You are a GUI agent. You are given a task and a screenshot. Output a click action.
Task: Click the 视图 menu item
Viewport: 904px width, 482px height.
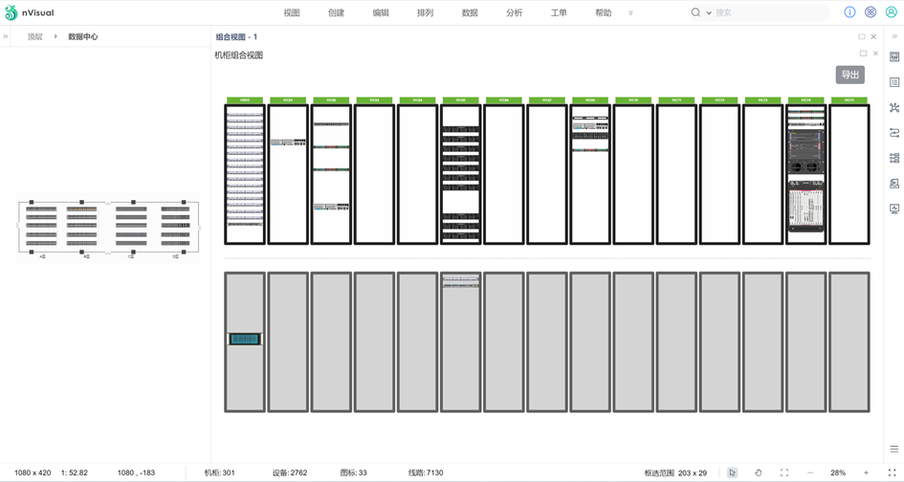pyautogui.click(x=292, y=13)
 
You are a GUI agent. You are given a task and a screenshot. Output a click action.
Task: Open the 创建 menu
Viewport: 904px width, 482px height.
pyautogui.click(x=336, y=13)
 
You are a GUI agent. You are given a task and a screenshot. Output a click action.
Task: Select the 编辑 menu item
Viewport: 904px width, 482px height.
pyautogui.click(x=381, y=13)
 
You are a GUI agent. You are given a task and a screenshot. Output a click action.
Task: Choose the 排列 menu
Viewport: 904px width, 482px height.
pyautogui.click(x=425, y=13)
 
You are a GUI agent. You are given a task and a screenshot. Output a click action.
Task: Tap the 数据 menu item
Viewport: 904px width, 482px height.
pyautogui.click(x=470, y=13)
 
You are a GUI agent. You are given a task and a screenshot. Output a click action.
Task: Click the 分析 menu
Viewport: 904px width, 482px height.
pyautogui.click(x=514, y=13)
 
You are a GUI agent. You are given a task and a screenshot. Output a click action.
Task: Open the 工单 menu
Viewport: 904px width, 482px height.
pyautogui.click(x=559, y=13)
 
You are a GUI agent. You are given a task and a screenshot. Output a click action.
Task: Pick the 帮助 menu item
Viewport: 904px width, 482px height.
pyautogui.click(x=603, y=13)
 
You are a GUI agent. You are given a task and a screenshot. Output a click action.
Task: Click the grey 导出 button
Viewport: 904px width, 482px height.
pyautogui.click(x=849, y=75)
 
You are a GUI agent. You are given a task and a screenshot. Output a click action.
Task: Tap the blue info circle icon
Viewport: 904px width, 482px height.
pyautogui.click(x=849, y=12)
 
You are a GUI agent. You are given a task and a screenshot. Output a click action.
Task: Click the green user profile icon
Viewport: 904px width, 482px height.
pyautogui.click(x=891, y=12)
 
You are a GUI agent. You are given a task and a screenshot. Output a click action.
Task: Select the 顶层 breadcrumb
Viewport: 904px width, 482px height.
pyautogui.click(x=34, y=36)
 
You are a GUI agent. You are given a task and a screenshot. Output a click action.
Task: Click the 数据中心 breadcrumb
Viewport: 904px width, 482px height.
pyautogui.click(x=82, y=36)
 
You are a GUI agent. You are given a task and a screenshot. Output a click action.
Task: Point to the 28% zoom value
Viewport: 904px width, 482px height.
pyautogui.click(x=838, y=472)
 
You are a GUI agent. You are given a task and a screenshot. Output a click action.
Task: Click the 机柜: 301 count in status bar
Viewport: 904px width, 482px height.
pyautogui.click(x=219, y=472)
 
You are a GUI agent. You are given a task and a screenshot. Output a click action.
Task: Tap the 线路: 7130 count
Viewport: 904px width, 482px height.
pyautogui.click(x=426, y=472)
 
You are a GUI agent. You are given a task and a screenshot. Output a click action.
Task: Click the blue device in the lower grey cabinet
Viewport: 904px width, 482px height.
pyautogui.click(x=245, y=339)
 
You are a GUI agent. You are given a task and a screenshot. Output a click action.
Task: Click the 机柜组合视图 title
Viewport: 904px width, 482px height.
pyautogui.click(x=238, y=55)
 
